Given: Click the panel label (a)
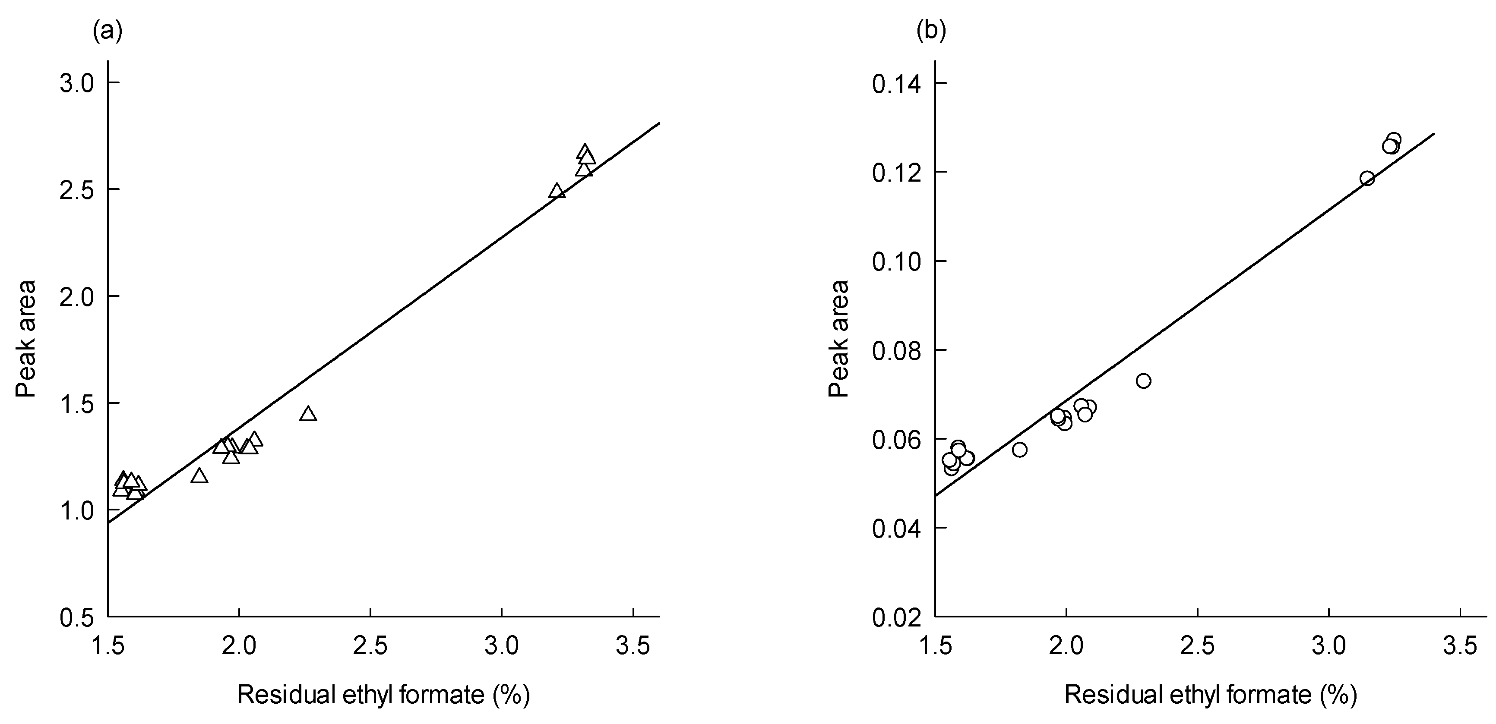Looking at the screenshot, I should pyautogui.click(x=108, y=32).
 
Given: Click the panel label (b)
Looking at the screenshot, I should pyautogui.click(x=931, y=32).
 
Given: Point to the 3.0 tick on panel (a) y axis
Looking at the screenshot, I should pyautogui.click(x=77, y=83).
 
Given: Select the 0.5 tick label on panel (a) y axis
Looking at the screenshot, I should pyautogui.click(x=77, y=618).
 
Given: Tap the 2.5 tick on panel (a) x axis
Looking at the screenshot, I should pyautogui.click(x=370, y=646).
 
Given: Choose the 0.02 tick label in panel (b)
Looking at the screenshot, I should pyautogui.click(x=896, y=618).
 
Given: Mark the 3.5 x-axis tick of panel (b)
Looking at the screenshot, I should pyautogui.click(x=1460, y=646).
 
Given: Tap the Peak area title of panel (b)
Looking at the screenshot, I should pyautogui.click(x=838, y=339).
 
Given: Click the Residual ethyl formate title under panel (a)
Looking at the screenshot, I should pyautogui.click(x=383, y=695).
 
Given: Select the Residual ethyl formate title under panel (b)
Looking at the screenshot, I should pyautogui.click(x=1210, y=695).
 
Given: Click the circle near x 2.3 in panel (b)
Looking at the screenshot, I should pyautogui.click(x=1144, y=381).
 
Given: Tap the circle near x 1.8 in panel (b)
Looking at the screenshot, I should pyautogui.click(x=1020, y=450).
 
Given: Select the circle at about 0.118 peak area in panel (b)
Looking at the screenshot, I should pyautogui.click(x=1367, y=178).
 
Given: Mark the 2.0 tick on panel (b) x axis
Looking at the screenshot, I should pyautogui.click(x=1066, y=646).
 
